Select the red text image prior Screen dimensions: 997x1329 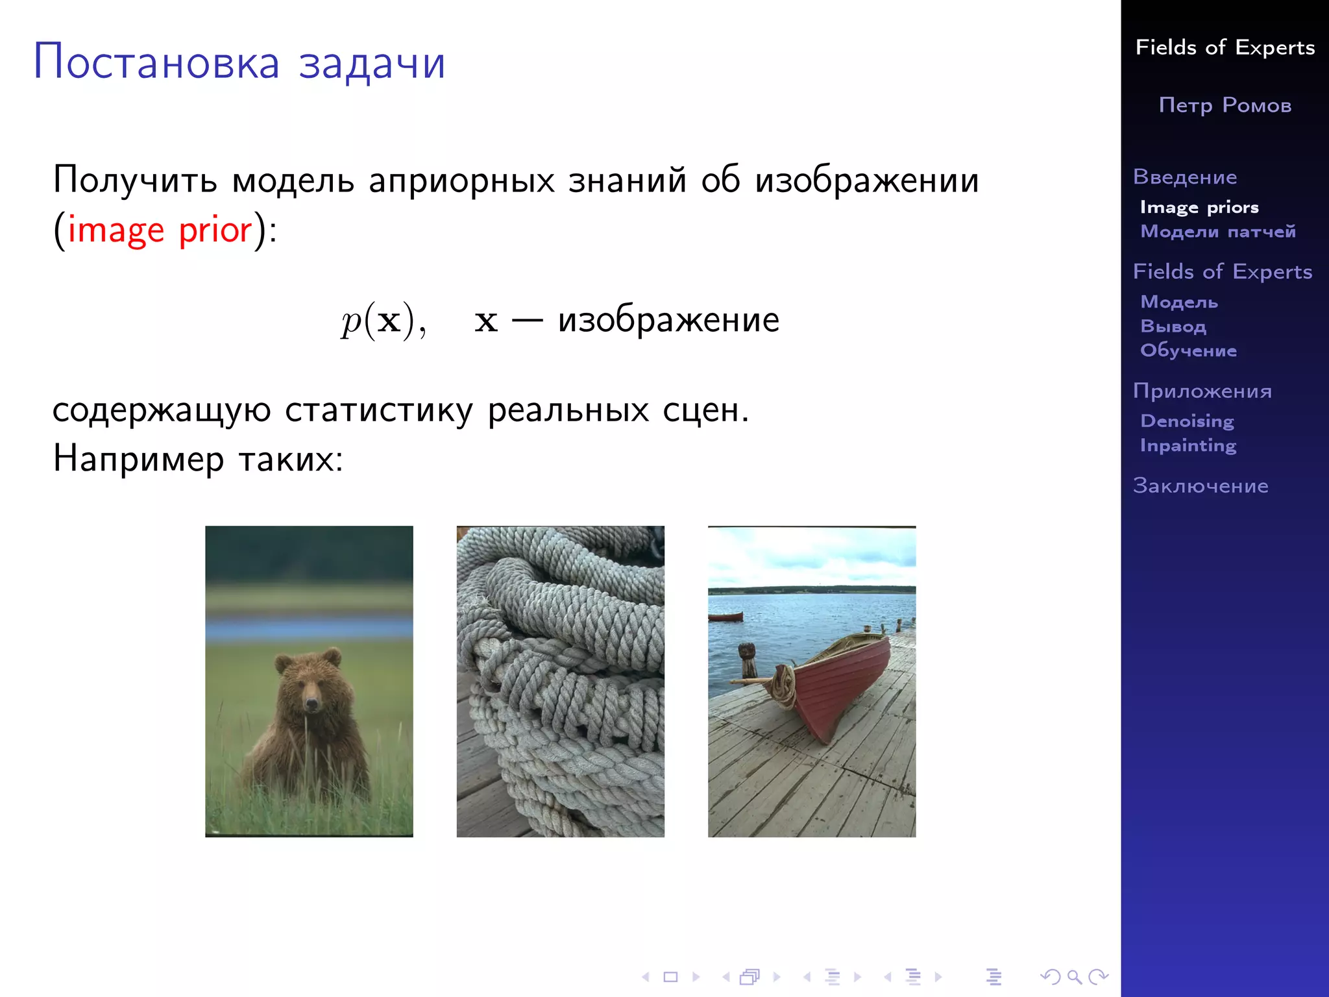pyautogui.click(x=160, y=230)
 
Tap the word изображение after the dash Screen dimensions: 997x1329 pyautogui.click(x=668, y=320)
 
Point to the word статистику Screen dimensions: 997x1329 pyautogui.click(x=378, y=410)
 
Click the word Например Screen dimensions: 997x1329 pyautogui.click(x=138, y=459)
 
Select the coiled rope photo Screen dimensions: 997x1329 pyautogui.click(x=560, y=682)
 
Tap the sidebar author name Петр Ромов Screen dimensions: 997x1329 pyautogui.click(x=1225, y=105)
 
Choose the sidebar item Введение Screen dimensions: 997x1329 pyautogui.click(x=1184, y=177)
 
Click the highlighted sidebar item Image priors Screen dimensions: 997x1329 pyautogui.click(x=1199, y=207)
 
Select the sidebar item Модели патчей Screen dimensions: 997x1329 pyautogui.click(x=1217, y=232)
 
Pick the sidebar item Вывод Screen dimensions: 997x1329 pyautogui.click(x=1173, y=326)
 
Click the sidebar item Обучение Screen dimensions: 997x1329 pyautogui.click(x=1188, y=351)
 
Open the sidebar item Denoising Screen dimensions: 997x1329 pyautogui.click(x=1187, y=421)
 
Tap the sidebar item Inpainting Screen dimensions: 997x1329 pyautogui.click(x=1188, y=445)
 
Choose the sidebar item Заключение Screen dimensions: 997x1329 pyautogui.click(x=1200, y=486)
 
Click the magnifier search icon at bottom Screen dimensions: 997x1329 pyautogui.click(x=1074, y=977)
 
